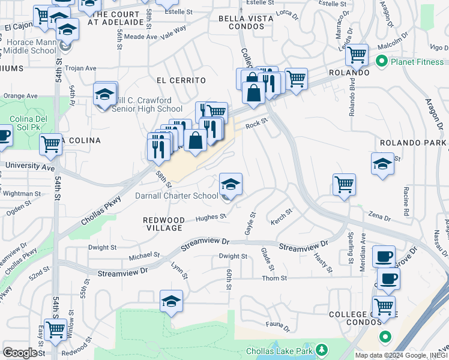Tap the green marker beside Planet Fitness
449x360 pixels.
pyautogui.click(x=381, y=61)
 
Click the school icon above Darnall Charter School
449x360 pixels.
pyautogui.click(x=231, y=184)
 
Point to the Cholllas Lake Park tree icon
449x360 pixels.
pyautogui.click(x=322, y=350)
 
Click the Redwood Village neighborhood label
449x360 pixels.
pyautogui.click(x=163, y=224)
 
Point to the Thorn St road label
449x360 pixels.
pyautogui.click(x=274, y=278)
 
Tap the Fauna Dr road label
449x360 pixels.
pyautogui.click(x=278, y=328)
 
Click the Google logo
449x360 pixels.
pyautogui.click(x=20, y=353)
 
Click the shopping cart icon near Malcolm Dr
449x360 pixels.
pyautogui.click(x=357, y=55)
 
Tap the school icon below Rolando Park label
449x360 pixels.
pyautogui.click(x=382, y=164)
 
